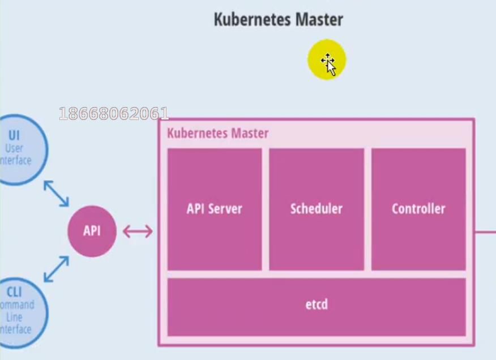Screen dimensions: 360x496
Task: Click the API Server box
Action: point(215,209)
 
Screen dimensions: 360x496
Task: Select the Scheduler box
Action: point(317,209)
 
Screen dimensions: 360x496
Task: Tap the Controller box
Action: point(418,209)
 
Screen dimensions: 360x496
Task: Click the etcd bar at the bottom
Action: point(317,305)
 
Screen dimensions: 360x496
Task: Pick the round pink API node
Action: point(92,231)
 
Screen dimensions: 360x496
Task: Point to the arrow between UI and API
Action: point(56,194)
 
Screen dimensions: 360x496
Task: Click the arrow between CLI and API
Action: point(56,269)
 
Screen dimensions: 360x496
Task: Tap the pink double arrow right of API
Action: point(138,231)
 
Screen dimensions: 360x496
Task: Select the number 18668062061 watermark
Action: point(114,114)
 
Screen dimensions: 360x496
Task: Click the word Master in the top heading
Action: point(319,20)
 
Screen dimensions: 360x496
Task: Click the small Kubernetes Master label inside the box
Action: point(218,134)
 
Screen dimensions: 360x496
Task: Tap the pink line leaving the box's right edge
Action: point(485,231)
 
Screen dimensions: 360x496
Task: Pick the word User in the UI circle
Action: point(15,148)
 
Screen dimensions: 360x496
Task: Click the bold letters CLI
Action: point(15,293)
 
